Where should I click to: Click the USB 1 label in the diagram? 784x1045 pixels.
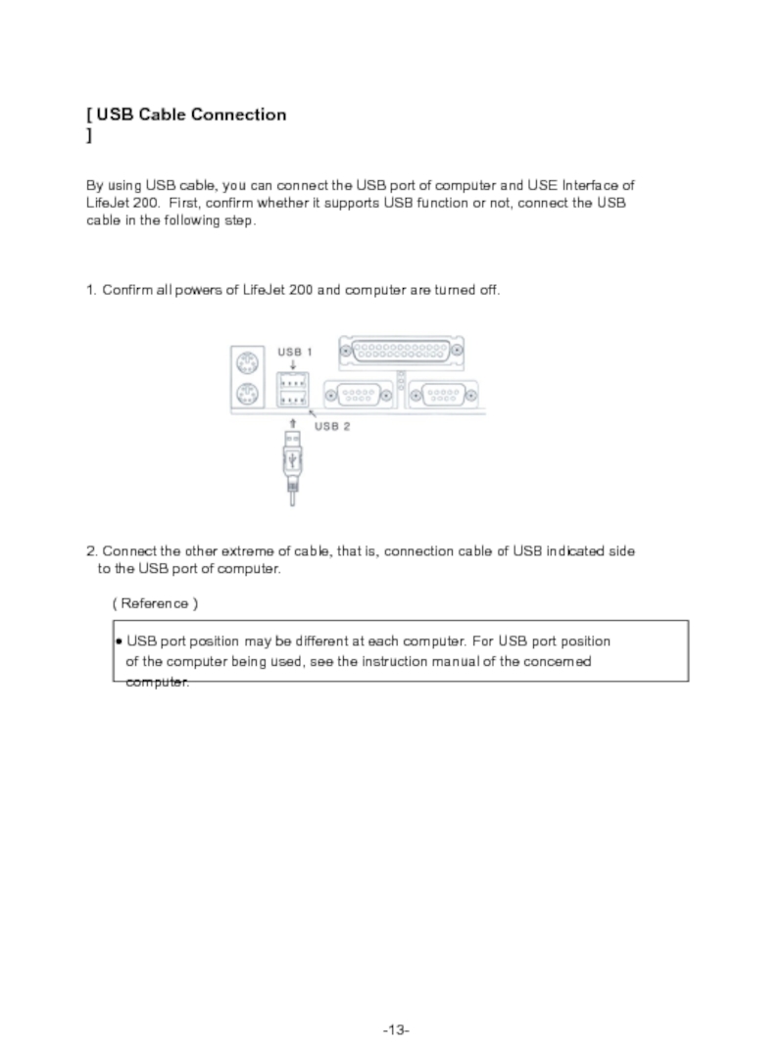coord(295,352)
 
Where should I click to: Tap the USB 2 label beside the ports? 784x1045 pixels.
coord(332,427)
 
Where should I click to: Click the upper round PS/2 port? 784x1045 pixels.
coord(247,361)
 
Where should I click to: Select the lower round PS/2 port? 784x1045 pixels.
coord(247,396)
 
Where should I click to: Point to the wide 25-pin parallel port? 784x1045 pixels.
coord(401,351)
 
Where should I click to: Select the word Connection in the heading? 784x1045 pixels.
coord(239,115)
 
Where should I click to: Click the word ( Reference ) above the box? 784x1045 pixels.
coord(155,603)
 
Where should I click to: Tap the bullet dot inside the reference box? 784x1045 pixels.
coord(119,642)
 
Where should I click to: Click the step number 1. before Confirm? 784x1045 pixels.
coord(92,291)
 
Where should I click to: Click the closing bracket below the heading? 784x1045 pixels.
coord(89,136)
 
